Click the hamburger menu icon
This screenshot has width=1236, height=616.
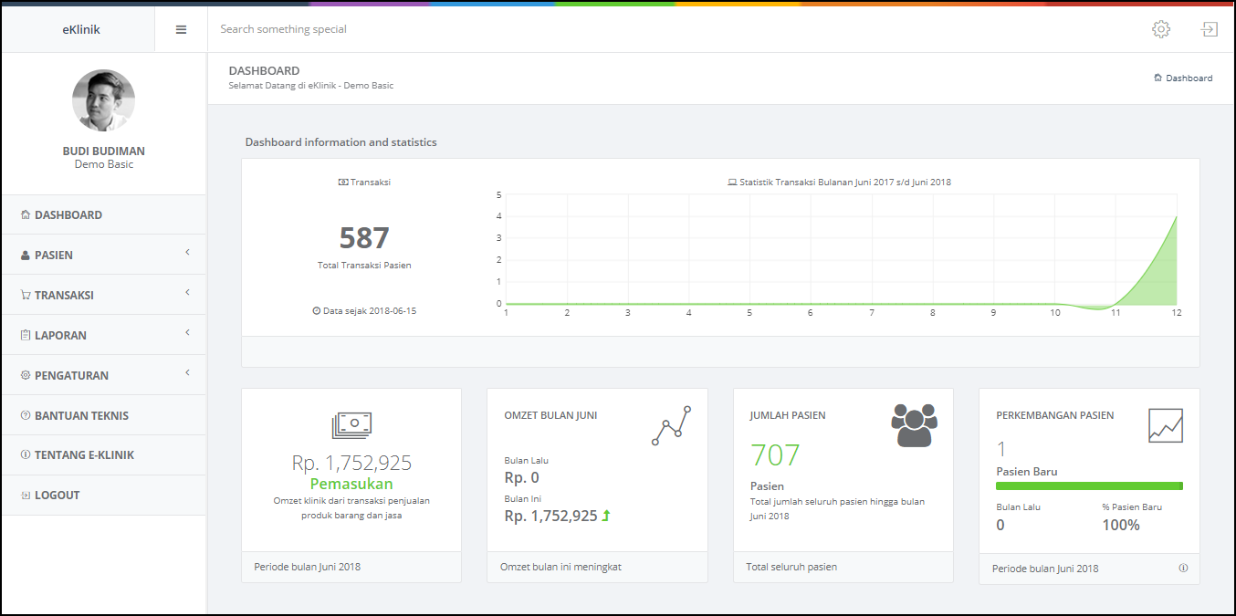pyautogui.click(x=181, y=30)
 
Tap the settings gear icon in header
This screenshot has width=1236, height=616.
pyautogui.click(x=1161, y=29)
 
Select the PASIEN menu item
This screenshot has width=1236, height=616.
pyautogui.click(x=54, y=255)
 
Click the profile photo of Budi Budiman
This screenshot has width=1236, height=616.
pyautogui.click(x=104, y=100)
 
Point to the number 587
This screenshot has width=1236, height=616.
pyautogui.click(x=364, y=237)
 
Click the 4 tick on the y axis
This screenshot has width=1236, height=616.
pyautogui.click(x=498, y=216)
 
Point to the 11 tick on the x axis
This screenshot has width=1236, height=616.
pyautogui.click(x=1116, y=313)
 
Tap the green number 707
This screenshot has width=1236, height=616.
pyautogui.click(x=775, y=455)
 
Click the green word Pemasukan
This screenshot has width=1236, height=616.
pyautogui.click(x=351, y=484)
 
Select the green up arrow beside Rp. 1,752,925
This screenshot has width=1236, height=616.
pyautogui.click(x=606, y=516)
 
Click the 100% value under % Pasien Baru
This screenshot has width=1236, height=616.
pyautogui.click(x=1121, y=525)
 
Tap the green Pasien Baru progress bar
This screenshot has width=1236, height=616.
pyautogui.click(x=1089, y=485)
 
